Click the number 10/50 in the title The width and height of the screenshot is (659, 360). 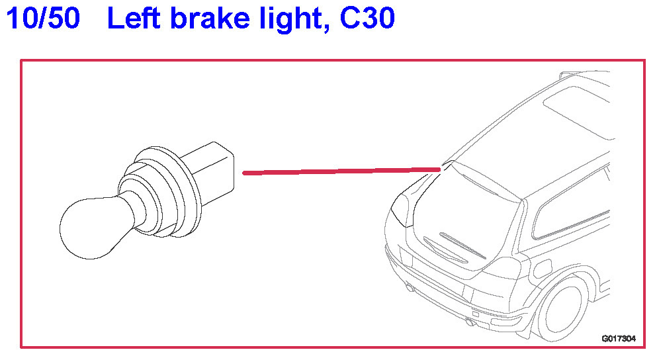point(43,20)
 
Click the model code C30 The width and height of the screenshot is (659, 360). point(367,20)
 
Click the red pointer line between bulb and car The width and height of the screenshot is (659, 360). point(341,171)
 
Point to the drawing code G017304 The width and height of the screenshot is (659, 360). point(618,338)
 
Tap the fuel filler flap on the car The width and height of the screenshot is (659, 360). point(542,268)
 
